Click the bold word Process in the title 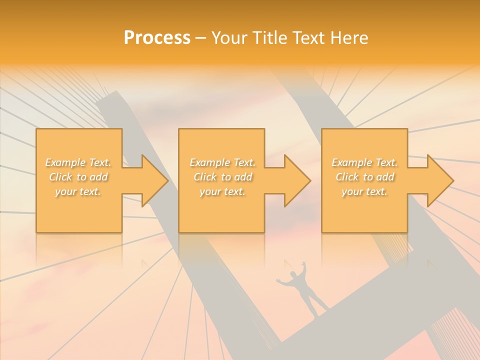point(157,38)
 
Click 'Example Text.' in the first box point(78,162)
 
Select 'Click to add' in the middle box point(222,177)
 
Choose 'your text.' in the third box point(364,191)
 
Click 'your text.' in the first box point(78,191)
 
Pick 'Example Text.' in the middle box point(222,162)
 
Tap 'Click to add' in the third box point(364,177)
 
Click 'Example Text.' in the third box point(364,162)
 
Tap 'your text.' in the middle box point(222,191)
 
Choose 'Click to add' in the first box point(78,177)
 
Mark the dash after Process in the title point(201,38)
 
